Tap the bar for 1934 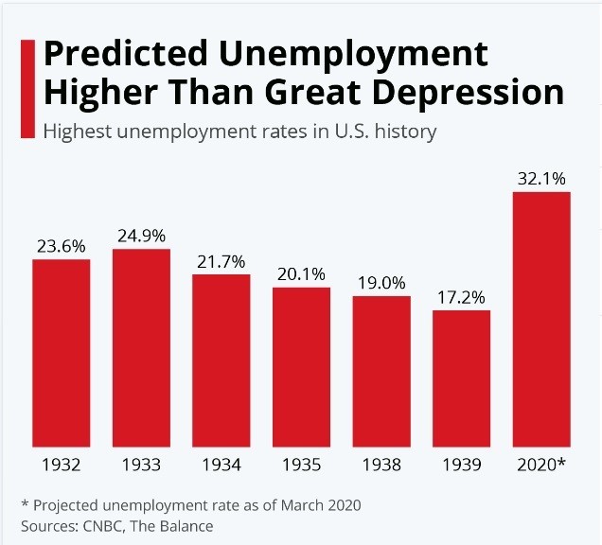click(221, 360)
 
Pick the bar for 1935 click(302, 367)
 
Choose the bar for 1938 click(381, 372)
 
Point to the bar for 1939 click(462, 378)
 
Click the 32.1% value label click(541, 178)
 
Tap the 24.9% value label click(141, 236)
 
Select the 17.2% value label click(462, 296)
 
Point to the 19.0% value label click(381, 282)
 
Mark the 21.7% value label click(221, 260)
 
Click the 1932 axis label click(62, 466)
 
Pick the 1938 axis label click(381, 466)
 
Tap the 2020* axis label click(542, 466)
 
